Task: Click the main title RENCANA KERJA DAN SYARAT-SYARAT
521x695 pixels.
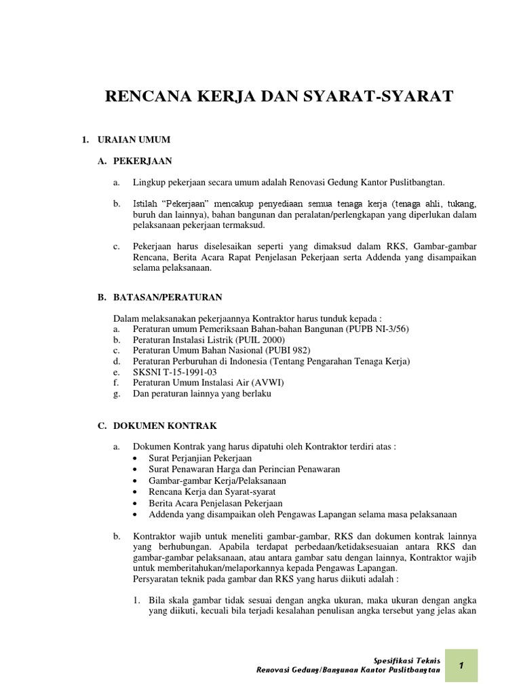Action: click(x=279, y=97)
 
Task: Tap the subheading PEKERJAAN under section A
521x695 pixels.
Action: click(x=143, y=161)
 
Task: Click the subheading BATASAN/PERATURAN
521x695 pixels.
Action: click(x=168, y=297)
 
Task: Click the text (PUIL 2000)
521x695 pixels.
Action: click(x=260, y=339)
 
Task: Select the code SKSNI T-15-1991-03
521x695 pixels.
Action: click(x=175, y=372)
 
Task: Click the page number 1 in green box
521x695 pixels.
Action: click(x=461, y=666)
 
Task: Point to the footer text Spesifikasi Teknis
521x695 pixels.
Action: click(x=407, y=660)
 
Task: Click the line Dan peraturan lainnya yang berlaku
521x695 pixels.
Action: click(x=202, y=394)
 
